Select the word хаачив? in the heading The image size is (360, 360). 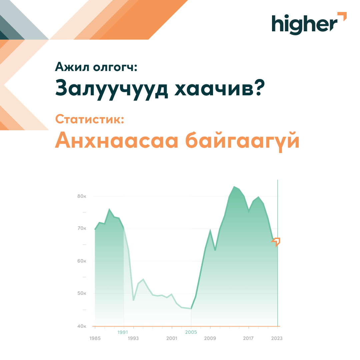pos(220,88)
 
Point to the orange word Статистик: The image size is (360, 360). pos(90,119)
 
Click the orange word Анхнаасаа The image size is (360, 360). pos(117,140)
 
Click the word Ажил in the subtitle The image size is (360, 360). pos(72,67)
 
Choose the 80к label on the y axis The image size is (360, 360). pos(82,196)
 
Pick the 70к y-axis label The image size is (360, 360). pos(82,228)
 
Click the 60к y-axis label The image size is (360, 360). pos(82,261)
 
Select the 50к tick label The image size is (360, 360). pos(82,293)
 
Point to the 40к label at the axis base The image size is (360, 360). pos(82,326)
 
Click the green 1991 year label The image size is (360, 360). pos(123,332)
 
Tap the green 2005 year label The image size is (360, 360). pos(191,332)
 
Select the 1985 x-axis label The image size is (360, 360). pos(95,338)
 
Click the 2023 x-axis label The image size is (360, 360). pos(277,338)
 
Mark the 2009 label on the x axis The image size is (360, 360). pos(210,338)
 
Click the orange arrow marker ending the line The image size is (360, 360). pos(276,242)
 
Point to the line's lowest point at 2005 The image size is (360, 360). pos(191,309)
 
